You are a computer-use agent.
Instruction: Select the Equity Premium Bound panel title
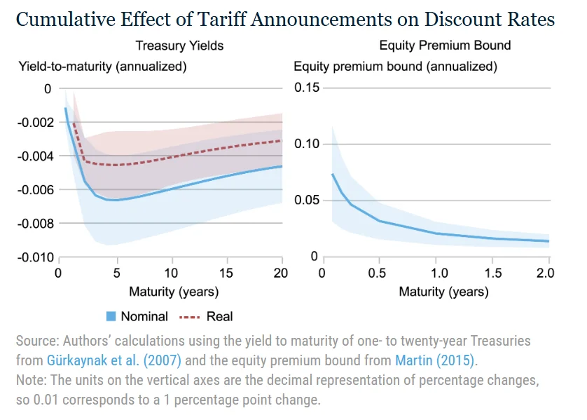click(445, 46)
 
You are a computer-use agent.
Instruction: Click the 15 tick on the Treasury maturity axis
click(226, 272)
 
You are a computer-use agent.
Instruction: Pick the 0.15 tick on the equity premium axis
click(305, 88)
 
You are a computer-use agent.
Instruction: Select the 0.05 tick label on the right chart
click(305, 201)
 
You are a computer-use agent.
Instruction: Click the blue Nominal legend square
click(110, 316)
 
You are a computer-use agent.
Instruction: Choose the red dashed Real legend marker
click(191, 316)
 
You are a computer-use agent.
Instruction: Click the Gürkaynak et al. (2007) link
click(113, 360)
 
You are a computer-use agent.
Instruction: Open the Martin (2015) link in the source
click(434, 360)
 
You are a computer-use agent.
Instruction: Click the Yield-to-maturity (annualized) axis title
click(102, 67)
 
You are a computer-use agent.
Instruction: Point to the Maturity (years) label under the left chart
click(174, 291)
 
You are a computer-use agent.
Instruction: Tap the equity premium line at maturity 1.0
click(436, 233)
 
